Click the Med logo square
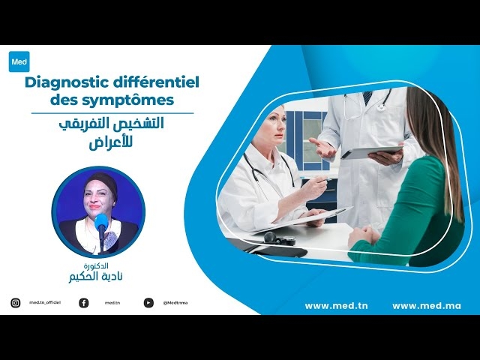click(19, 61)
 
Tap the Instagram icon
click(15, 303)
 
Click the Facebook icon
click(83, 303)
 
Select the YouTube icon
click(148, 303)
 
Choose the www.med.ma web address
click(426, 306)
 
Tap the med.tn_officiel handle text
click(44, 303)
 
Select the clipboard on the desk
click(307, 218)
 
